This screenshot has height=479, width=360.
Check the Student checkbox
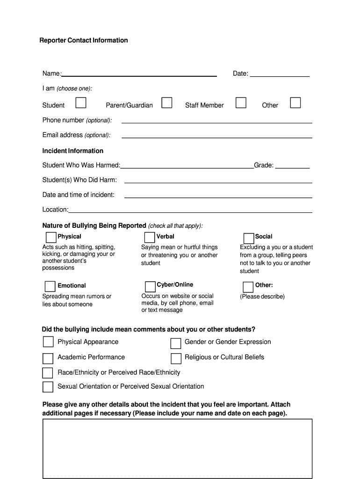tap(81, 103)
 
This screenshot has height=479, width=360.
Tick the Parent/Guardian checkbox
tap(167, 103)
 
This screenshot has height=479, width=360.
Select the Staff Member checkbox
tap(241, 103)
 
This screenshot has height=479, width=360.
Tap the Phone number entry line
tap(217, 121)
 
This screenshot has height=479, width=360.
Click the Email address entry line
tap(217, 136)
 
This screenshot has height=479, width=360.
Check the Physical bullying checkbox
tap(51, 237)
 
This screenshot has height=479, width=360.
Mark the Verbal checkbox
tap(150, 238)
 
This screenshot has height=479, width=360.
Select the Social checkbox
tap(249, 238)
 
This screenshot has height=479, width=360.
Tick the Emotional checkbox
tap(50, 286)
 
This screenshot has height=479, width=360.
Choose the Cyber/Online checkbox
tap(150, 286)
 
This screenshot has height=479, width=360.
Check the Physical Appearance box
tap(48, 342)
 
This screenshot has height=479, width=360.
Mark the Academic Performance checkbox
tap(48, 358)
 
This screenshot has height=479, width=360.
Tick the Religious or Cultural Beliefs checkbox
tap(176, 358)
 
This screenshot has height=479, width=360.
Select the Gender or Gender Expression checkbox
tap(176, 343)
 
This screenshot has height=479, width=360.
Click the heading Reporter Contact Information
tap(83, 40)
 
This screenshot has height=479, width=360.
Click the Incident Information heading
tap(73, 151)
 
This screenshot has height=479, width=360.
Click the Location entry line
tap(191, 210)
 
